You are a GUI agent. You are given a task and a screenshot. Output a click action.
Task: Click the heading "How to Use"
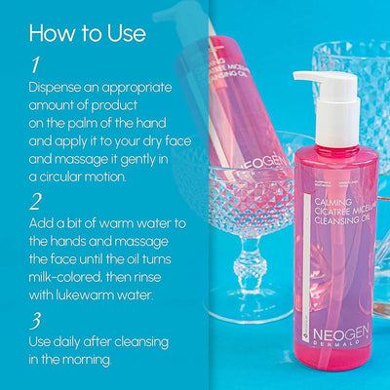coord(79,33)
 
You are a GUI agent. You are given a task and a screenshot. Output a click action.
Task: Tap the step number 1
coord(35,65)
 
